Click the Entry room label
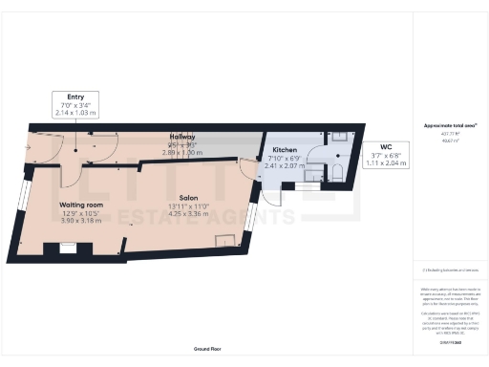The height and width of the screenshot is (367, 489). pyautogui.click(x=76, y=96)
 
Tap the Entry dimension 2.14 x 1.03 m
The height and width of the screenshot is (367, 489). pyautogui.click(x=76, y=112)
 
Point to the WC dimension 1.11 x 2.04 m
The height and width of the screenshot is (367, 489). pyautogui.click(x=386, y=163)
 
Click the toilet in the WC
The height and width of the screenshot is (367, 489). pyautogui.click(x=335, y=173)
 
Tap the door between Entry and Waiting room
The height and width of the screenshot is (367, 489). pyautogui.click(x=69, y=173)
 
